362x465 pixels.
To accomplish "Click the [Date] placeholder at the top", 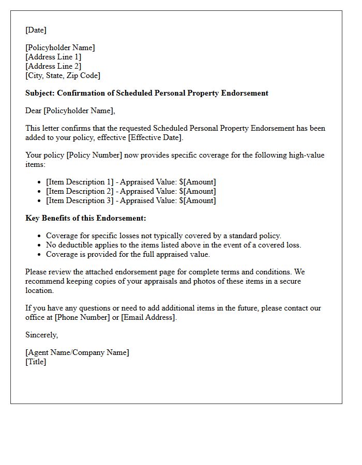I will (x=36, y=30).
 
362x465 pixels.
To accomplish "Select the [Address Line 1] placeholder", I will (x=53, y=57).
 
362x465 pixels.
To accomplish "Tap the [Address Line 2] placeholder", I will (x=53, y=66).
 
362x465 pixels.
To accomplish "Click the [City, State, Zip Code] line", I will (x=63, y=75).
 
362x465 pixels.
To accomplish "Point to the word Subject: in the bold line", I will (x=40, y=93).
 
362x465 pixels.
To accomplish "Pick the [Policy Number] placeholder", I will (x=94, y=155).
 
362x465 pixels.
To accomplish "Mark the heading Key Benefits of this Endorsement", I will (x=86, y=218).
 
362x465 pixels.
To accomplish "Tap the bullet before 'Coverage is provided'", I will (x=40, y=255).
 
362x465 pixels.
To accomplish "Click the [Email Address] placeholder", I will (x=148, y=317).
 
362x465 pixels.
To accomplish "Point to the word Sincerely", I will (x=41, y=335).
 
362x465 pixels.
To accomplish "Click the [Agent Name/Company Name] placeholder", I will (x=77, y=352).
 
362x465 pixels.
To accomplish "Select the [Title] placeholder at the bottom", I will (x=36, y=362).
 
